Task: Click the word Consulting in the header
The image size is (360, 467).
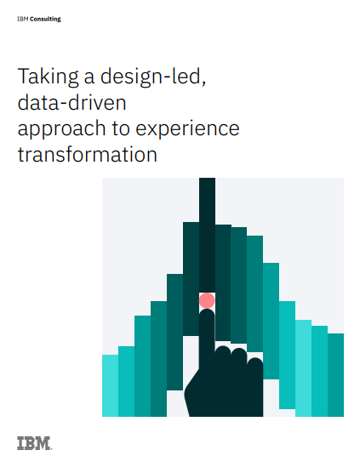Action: coord(46,17)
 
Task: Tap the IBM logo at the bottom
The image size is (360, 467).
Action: coord(34,442)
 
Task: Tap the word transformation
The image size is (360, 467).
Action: coord(87,155)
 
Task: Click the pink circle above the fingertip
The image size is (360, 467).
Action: coord(207,300)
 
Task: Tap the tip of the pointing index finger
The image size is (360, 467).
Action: coord(207,314)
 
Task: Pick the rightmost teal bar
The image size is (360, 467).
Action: coord(335,374)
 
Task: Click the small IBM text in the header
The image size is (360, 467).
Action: coord(22,17)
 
